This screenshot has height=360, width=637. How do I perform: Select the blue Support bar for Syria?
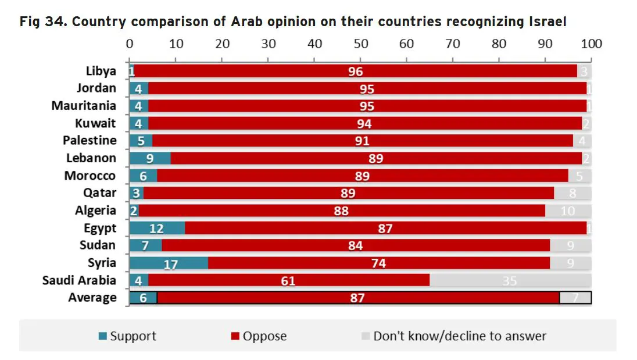(x=168, y=263)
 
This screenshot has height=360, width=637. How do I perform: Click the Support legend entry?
(x=127, y=336)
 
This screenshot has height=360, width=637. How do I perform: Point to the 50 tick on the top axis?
(x=360, y=44)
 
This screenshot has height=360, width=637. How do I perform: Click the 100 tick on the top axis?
(x=591, y=44)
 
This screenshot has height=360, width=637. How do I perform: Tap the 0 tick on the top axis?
(x=130, y=44)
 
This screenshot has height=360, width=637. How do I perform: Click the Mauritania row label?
(x=84, y=106)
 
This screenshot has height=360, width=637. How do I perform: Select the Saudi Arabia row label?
(x=79, y=280)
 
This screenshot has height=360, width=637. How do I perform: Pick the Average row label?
(x=92, y=298)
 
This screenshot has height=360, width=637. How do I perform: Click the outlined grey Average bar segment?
(x=575, y=298)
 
